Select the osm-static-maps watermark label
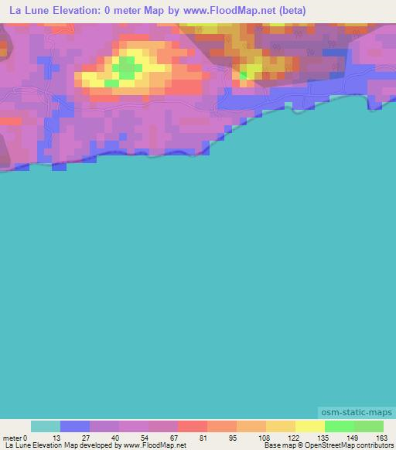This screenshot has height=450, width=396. (356, 414)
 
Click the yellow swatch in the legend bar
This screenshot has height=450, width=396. (309, 426)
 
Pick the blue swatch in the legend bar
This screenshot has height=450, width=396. (75, 426)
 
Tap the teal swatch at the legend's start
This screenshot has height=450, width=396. (46, 426)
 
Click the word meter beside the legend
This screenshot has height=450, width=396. (12, 437)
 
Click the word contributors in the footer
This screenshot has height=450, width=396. (374, 445)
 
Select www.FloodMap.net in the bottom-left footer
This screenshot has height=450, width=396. (155, 445)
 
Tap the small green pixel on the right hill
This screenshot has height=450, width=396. (244, 75)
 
